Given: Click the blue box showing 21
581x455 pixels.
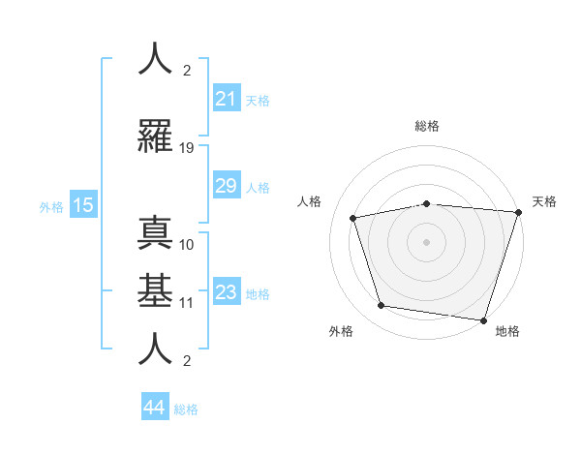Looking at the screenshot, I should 226,99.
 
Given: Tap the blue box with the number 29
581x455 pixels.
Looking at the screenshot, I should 226,186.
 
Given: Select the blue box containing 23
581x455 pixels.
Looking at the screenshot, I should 226,292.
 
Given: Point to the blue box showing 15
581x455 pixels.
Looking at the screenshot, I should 82,205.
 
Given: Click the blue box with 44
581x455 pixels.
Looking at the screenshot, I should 155,408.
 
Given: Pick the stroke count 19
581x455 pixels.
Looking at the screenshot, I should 187,148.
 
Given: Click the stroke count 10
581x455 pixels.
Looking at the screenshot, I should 187,244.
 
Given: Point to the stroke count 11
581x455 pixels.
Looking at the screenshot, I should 187,302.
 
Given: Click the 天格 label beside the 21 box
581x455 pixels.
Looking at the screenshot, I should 258,100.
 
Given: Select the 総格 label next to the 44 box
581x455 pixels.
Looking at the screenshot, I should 186,409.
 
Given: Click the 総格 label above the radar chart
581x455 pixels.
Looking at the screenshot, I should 426,126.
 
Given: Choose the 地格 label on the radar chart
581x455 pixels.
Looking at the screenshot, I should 507,331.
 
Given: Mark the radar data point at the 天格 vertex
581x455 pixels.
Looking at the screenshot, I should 517,212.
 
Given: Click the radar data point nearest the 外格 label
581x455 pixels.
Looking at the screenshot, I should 382,306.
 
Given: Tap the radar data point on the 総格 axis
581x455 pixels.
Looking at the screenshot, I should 426,203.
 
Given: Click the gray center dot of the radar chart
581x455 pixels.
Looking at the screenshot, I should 426,241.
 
